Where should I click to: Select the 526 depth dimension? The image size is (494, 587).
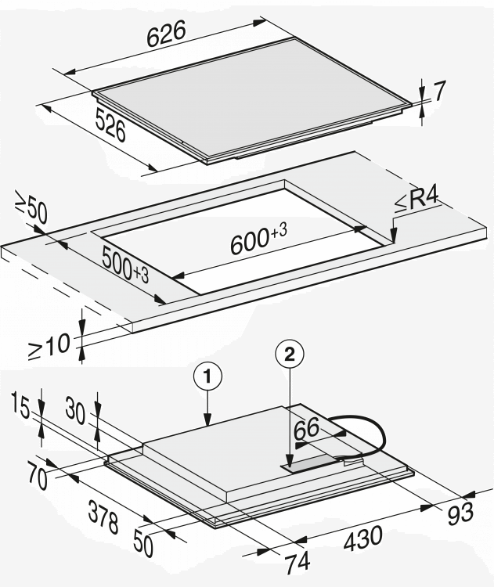111,126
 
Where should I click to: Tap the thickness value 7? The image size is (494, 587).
439,91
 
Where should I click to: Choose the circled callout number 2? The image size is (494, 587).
290,355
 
